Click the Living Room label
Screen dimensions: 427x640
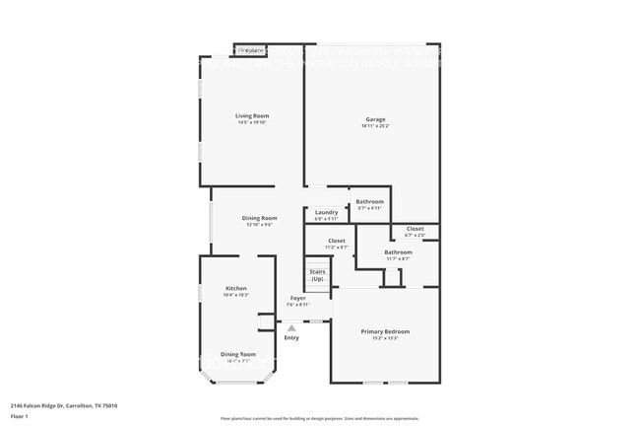pos(252,116)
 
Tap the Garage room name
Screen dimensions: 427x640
pos(375,119)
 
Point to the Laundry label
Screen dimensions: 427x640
pos(327,212)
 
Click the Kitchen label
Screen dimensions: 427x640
pos(236,288)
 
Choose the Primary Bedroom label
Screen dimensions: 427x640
pos(385,331)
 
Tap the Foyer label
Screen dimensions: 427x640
pos(297,298)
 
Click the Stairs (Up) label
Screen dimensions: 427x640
pos(317,274)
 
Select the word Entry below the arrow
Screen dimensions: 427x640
pos(291,338)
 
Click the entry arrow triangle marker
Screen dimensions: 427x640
pos(291,328)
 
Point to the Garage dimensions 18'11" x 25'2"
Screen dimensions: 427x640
pos(375,126)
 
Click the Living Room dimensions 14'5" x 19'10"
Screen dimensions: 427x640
pos(252,123)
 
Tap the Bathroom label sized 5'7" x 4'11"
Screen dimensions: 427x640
pos(370,201)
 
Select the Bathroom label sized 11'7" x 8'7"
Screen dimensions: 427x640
pos(399,251)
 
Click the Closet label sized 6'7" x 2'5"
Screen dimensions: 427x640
pos(416,229)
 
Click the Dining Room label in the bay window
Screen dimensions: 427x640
pos(237,354)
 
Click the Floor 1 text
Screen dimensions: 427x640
pos(20,417)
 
